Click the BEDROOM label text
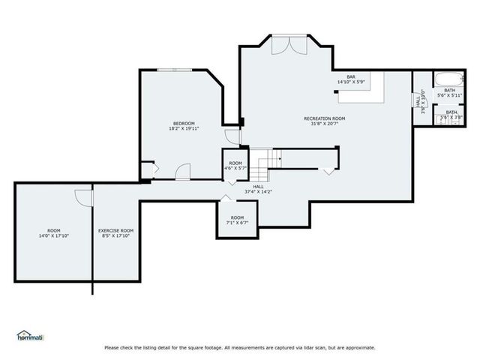point(184,123)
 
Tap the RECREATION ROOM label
point(324,118)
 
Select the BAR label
point(350,76)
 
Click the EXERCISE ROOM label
point(116,230)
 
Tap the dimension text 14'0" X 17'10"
point(53,235)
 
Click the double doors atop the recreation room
point(288,44)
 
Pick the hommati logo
point(30,336)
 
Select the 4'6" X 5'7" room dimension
point(236,168)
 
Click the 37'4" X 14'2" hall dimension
point(259,191)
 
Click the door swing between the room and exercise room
point(83,196)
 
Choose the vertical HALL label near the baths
point(418,102)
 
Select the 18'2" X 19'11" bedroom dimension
point(184,128)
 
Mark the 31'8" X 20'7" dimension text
point(324,124)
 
